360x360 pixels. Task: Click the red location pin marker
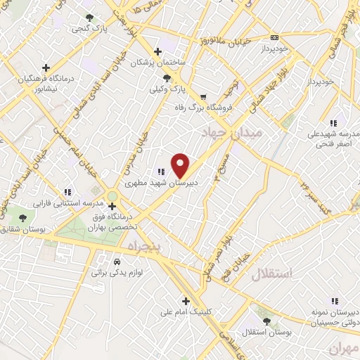click(181, 165)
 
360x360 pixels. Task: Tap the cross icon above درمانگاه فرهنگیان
click(46, 68)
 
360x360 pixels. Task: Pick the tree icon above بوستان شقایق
click(23, 219)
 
